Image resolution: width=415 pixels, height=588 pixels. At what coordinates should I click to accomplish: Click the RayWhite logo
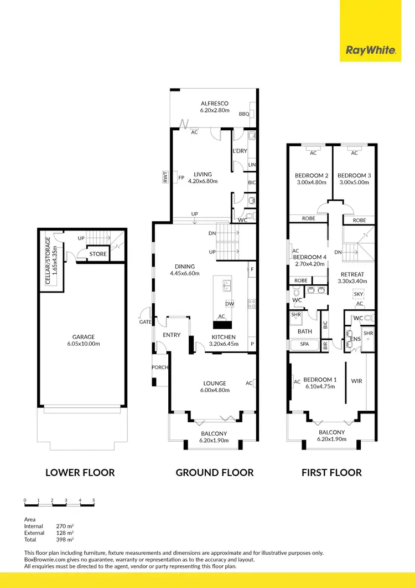click(x=371, y=50)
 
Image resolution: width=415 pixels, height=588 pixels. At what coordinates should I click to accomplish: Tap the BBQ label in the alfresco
click(x=243, y=114)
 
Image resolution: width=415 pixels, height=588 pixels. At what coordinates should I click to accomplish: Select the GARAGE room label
click(x=84, y=337)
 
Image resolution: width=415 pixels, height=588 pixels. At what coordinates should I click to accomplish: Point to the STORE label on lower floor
click(x=98, y=254)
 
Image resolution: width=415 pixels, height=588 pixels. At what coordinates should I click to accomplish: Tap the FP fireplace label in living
click(x=181, y=178)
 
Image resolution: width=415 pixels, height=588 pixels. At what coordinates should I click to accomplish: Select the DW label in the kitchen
click(x=229, y=304)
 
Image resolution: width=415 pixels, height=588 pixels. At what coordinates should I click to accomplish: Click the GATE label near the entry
click(x=146, y=322)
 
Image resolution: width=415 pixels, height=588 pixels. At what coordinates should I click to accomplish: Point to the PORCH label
click(x=160, y=367)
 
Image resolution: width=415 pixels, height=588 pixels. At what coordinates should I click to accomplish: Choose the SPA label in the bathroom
click(x=305, y=344)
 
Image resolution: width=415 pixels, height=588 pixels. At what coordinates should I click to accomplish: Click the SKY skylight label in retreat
click(x=359, y=294)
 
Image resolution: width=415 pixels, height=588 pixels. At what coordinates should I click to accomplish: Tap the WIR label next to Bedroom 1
click(x=357, y=381)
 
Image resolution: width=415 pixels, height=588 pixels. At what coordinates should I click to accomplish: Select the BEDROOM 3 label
click(x=354, y=176)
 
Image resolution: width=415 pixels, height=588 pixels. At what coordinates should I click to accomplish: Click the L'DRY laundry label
click(x=240, y=151)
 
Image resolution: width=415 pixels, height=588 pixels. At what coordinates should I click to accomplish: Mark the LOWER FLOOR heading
click(x=80, y=473)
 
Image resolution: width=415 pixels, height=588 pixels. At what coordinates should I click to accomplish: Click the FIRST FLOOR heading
click(x=331, y=473)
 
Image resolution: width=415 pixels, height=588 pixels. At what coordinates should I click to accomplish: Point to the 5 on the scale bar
click(x=94, y=500)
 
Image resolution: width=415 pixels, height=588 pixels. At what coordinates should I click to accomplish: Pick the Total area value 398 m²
click(x=65, y=539)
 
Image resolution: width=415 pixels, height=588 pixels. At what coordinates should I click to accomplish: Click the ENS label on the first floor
click(x=355, y=339)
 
